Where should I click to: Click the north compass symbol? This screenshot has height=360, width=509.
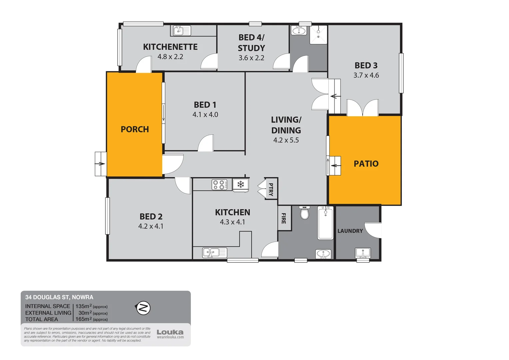point(143,308)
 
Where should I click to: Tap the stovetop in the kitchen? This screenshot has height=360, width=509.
point(219,185)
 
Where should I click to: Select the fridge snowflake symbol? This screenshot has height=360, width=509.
point(241,184)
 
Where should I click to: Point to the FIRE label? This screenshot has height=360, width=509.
point(284,218)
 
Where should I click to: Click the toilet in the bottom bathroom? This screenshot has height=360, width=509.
point(304,213)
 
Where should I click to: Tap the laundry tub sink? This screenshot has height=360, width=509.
point(362,253)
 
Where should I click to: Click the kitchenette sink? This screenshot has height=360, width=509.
point(182,31)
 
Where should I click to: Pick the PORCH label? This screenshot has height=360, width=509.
point(135,129)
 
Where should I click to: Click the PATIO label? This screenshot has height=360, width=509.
point(366,164)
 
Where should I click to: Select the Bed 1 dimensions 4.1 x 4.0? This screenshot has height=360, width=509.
point(205,115)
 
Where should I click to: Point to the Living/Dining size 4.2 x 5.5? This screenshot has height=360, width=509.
point(286,140)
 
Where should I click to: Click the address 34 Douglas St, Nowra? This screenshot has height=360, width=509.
point(59,297)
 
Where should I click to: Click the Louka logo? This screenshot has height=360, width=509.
point(170,332)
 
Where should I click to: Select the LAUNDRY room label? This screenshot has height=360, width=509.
point(350,231)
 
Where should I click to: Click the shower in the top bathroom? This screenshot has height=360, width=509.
point(318,35)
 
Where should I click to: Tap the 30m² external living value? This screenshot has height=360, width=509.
point(84,313)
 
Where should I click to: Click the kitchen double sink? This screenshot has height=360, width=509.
point(215,253)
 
